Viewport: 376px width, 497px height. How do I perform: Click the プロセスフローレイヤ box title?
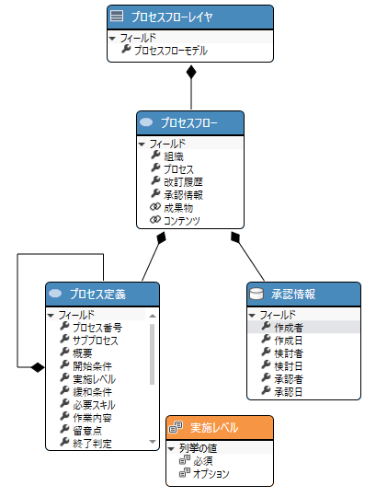point(172,17)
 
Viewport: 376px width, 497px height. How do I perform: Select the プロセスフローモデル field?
point(171,51)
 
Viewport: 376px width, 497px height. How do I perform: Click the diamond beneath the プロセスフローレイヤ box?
point(191,72)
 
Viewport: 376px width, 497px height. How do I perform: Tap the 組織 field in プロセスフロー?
point(174,156)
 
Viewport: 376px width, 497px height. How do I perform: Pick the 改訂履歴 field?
point(183,182)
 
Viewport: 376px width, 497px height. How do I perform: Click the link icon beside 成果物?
point(155,207)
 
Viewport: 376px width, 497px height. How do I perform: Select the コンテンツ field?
point(182,221)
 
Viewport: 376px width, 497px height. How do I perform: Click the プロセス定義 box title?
point(97,295)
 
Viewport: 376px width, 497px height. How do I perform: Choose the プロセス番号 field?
point(97,328)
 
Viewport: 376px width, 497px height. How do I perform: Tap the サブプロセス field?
point(96,341)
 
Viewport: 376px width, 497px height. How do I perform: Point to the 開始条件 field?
point(92,366)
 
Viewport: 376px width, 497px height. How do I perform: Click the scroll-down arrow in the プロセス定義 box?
point(153,442)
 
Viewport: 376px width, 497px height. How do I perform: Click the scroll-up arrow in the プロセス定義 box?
point(153,316)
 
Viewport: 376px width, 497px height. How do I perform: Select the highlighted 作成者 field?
point(289,328)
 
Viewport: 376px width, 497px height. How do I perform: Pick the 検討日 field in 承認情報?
point(288,366)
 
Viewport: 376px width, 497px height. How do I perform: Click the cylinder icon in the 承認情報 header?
point(256,294)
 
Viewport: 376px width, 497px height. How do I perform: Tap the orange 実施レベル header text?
point(214,428)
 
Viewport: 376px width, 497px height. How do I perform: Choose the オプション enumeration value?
point(211,474)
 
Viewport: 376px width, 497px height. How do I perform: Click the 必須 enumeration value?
point(203,461)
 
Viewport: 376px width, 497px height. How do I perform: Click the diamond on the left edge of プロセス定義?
point(38,367)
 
